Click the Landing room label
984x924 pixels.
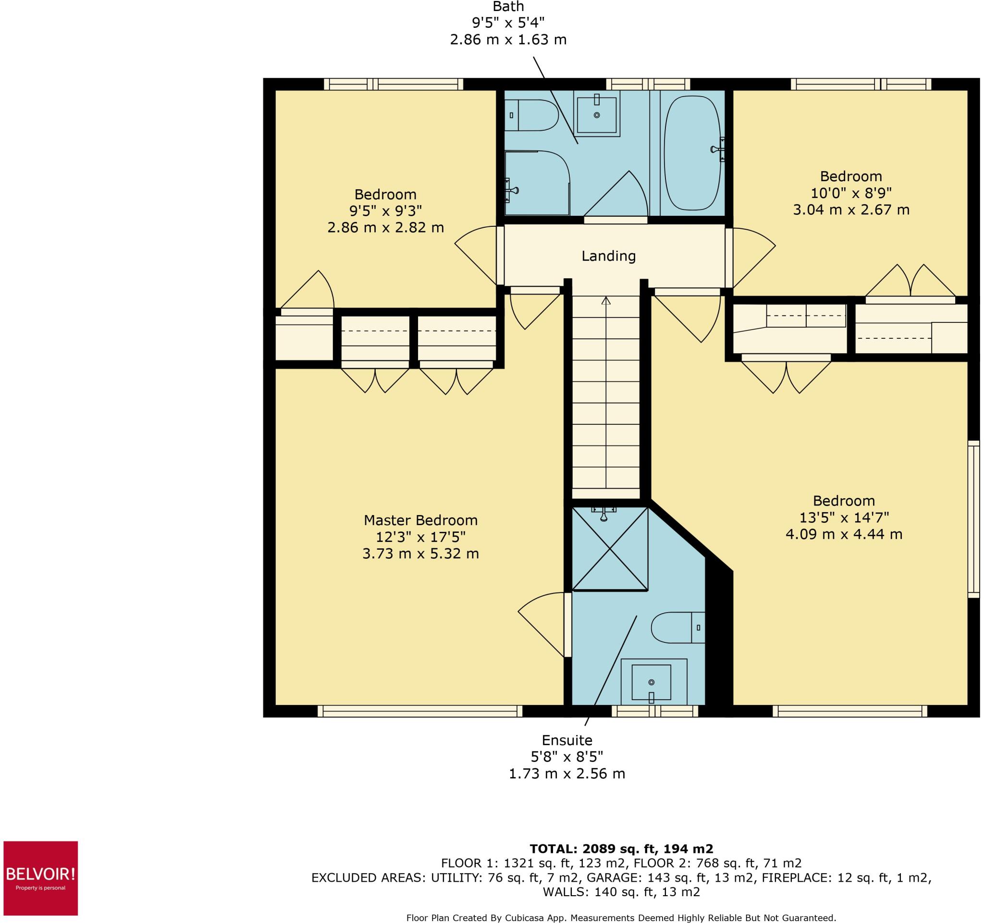(608, 256)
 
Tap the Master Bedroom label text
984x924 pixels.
(420, 520)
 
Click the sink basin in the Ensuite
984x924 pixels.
(652, 682)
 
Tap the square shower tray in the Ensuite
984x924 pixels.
(610, 549)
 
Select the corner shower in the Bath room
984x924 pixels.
(536, 183)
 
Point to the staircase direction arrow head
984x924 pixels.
(606, 299)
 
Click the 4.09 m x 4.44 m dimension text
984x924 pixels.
(844, 534)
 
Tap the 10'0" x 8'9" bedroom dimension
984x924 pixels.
(851, 193)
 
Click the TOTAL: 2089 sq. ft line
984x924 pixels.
(621, 849)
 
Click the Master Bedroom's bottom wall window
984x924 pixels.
(420, 711)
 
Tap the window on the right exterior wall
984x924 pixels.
(973, 519)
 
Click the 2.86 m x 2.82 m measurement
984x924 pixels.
(386, 228)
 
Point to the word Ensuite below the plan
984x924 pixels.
(567, 740)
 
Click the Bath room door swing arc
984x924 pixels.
(616, 194)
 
